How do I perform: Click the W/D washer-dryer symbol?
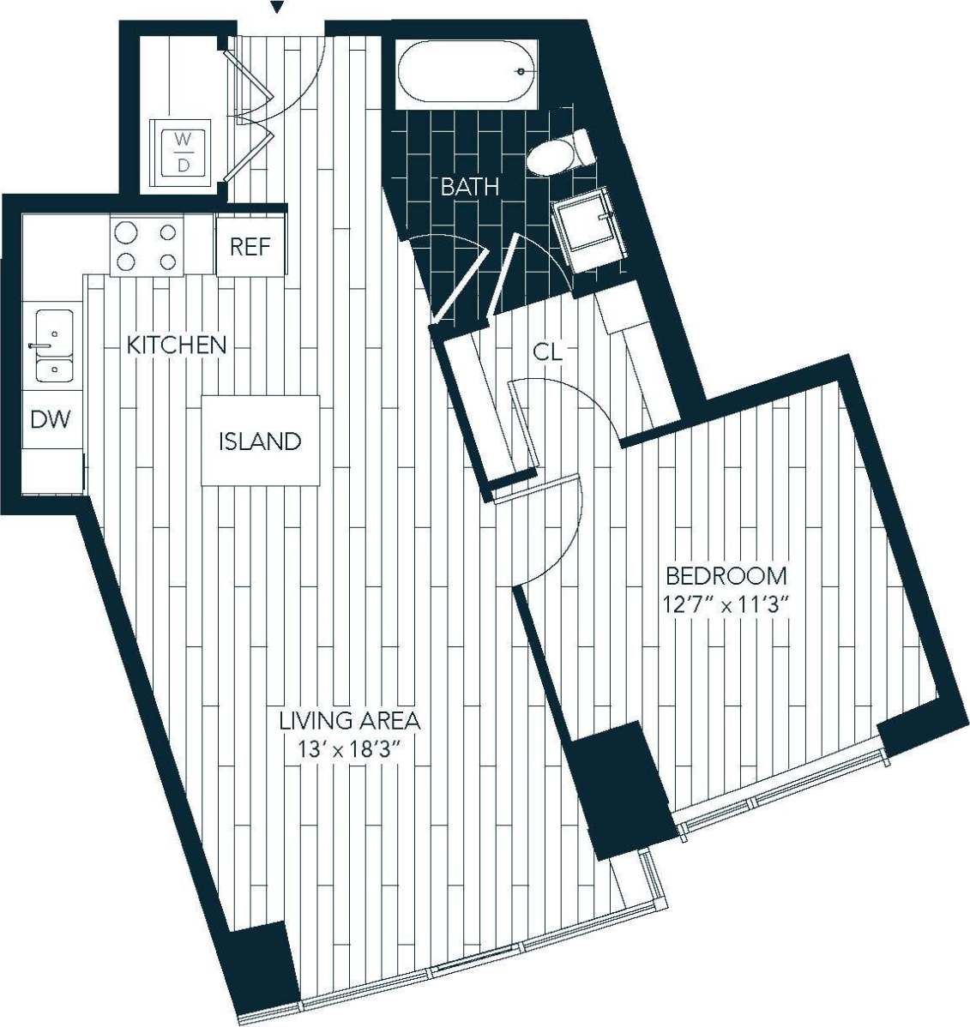[183, 152]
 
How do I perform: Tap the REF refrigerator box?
[250, 247]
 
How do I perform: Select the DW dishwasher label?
[51, 420]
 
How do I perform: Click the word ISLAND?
[260, 441]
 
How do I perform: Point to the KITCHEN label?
[177, 345]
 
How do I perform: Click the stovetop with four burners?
[147, 247]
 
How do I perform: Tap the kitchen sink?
[53, 345]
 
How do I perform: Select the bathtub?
[467, 73]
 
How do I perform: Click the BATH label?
[470, 187]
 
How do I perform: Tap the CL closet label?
[547, 351]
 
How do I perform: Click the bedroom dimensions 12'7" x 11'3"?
[725, 604]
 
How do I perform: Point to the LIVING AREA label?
[350, 720]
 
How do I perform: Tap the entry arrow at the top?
[276, 8]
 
